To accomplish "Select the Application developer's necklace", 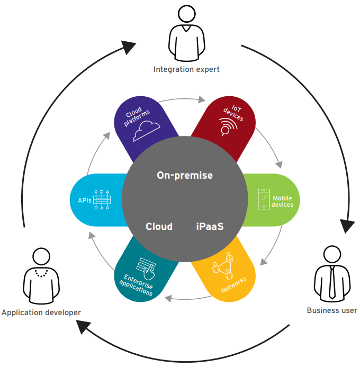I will pos(40,273).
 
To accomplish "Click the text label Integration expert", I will pos(186,69).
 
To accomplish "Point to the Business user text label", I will pos(332,310).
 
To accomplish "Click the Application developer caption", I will pos(41,312).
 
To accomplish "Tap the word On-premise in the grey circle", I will pos(185,175).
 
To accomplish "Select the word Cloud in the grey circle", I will pos(159,226).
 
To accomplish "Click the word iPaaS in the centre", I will pos(209,226).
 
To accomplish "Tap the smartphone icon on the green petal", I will pos(264,199).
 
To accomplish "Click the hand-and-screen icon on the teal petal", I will pos(147,266).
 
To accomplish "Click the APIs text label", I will pos(80,200).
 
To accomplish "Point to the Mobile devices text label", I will pos(282,201).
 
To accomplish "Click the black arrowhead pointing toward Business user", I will pos(347,225).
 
